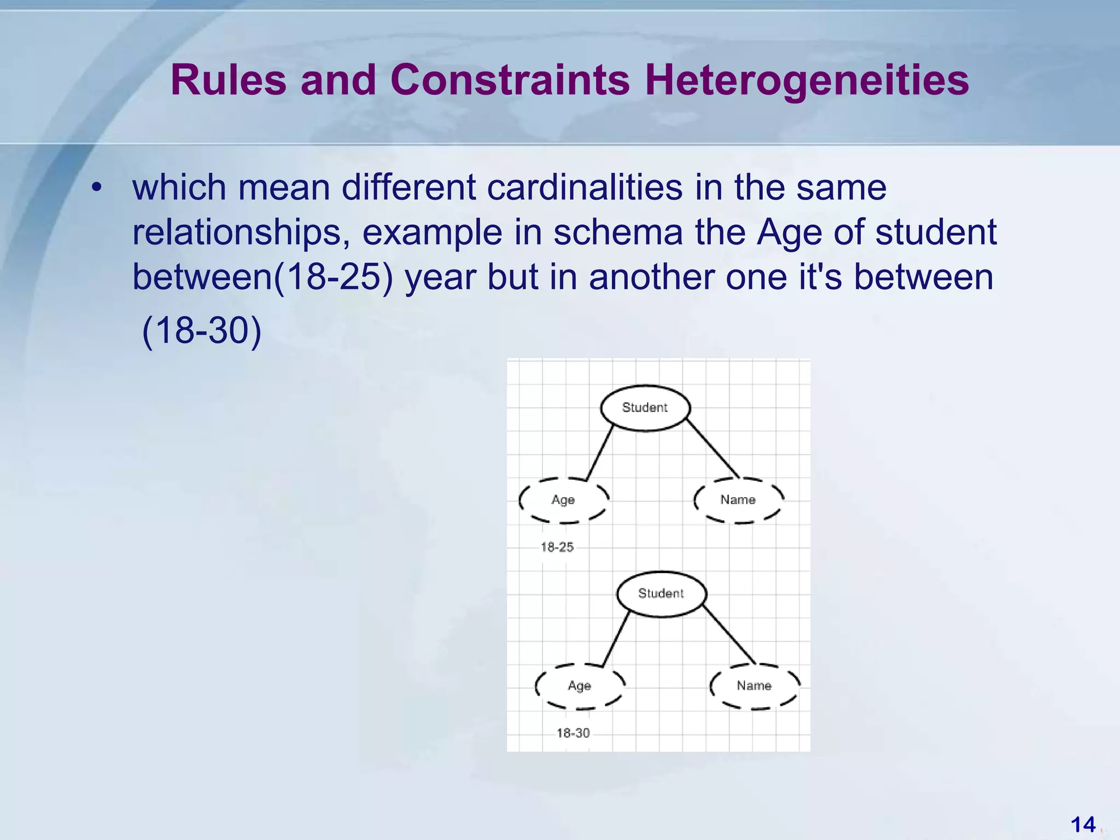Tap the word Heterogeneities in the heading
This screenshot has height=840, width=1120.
(x=807, y=80)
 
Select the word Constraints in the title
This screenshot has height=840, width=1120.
(x=510, y=80)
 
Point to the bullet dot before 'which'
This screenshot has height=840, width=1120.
(x=97, y=188)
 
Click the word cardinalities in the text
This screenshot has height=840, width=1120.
(x=585, y=188)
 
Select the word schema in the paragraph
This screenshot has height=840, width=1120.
(x=618, y=232)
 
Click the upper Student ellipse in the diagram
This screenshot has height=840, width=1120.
(x=645, y=407)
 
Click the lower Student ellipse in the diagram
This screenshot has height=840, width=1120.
(x=661, y=593)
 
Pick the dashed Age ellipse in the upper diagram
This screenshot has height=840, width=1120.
(x=563, y=500)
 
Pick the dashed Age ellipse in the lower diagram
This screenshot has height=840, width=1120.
(x=580, y=686)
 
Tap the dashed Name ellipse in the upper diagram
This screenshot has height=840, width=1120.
(x=738, y=500)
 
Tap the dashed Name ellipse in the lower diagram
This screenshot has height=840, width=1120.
(x=754, y=686)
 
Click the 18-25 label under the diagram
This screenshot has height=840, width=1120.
(x=557, y=547)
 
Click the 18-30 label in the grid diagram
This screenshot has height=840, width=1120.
(x=573, y=733)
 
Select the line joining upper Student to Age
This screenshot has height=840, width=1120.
(x=600, y=453)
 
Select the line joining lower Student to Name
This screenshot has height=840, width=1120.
(x=729, y=635)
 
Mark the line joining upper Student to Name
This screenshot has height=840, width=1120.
(x=713, y=449)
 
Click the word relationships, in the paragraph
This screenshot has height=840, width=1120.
(x=241, y=232)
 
